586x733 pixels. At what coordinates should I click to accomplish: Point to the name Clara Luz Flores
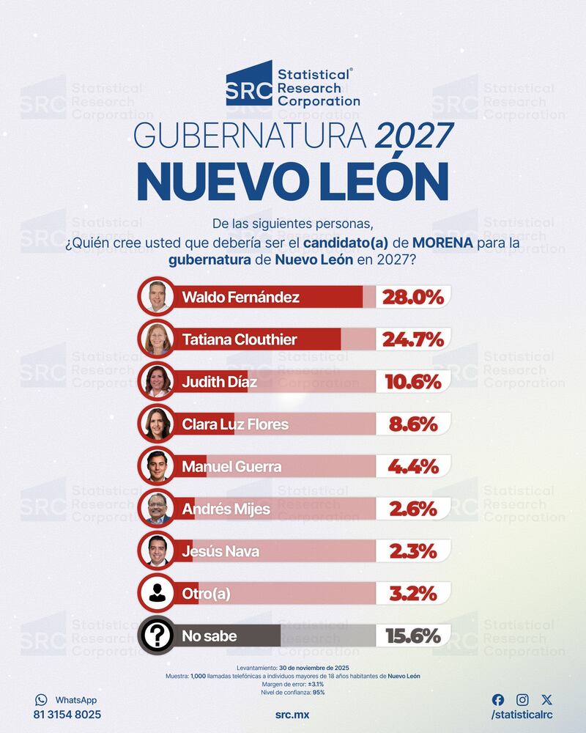click(234, 424)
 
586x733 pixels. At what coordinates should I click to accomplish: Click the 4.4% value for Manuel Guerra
click(412, 466)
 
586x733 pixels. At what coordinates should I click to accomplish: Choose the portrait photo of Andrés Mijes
click(157, 508)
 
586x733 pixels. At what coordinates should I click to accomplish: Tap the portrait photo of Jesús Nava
click(157, 550)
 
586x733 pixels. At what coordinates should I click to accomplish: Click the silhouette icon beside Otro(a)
click(157, 593)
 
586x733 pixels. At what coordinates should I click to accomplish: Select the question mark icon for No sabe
click(157, 636)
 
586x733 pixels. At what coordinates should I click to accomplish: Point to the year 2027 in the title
click(415, 139)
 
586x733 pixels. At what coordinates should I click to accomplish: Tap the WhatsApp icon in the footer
click(41, 700)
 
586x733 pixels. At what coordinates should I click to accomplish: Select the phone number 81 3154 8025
click(67, 714)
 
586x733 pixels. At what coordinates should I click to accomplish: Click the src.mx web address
click(292, 714)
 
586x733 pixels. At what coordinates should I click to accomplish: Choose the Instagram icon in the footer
click(522, 700)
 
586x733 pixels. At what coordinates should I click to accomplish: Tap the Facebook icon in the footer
click(498, 700)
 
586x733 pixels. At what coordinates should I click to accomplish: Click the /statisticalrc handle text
click(522, 715)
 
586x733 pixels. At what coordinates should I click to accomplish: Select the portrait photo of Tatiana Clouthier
click(157, 339)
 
